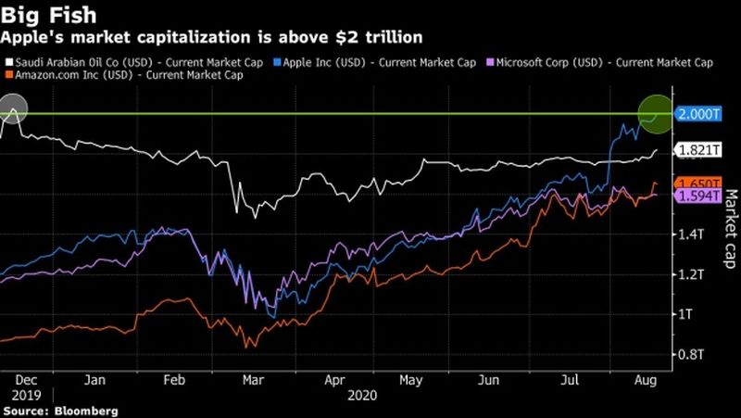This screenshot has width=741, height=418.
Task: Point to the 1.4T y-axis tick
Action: tap(691, 235)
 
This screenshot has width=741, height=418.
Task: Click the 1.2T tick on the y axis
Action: tap(691, 275)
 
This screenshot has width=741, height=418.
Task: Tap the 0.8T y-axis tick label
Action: tap(691, 354)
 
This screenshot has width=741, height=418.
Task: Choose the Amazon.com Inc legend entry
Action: tap(125, 75)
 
